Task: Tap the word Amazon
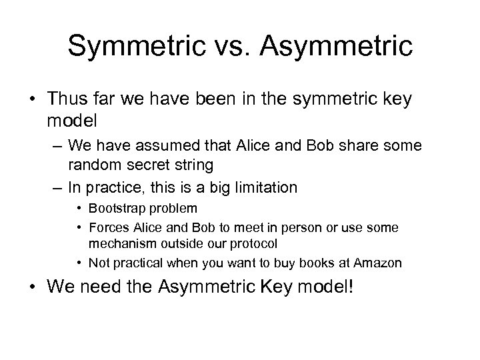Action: tap(379, 263)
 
